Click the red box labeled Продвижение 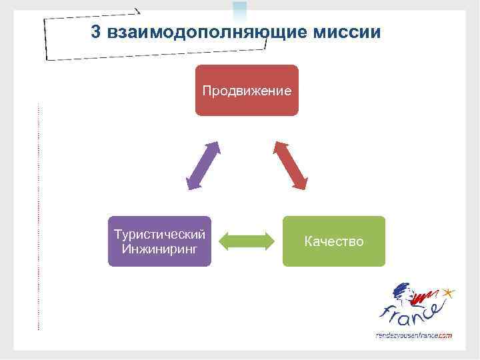247,90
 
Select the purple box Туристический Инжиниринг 159,241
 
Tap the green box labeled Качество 333,241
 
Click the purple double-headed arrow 203,165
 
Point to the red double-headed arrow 291,165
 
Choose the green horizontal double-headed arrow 247,241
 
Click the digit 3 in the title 96,32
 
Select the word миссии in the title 349,32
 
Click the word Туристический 159,235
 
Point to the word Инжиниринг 159,249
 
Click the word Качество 333,241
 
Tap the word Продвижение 247,90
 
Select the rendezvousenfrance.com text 414,335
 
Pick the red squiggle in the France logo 427,293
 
